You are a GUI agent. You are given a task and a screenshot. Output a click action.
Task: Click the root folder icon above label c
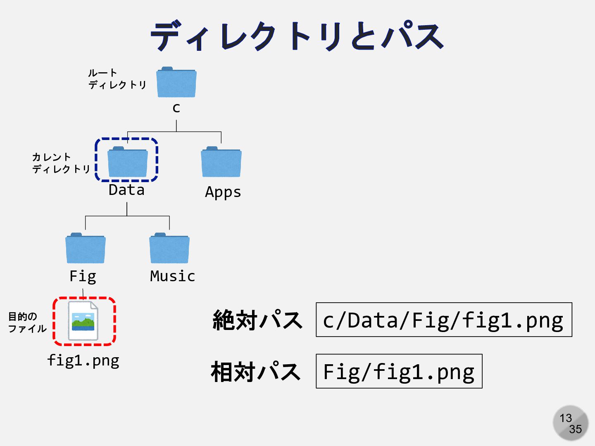176,83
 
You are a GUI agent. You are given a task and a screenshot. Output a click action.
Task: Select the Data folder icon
127,162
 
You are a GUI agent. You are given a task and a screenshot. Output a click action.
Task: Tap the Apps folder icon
221,162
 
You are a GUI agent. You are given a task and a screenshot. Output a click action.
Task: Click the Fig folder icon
86,249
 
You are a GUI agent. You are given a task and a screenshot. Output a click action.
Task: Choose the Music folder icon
169,249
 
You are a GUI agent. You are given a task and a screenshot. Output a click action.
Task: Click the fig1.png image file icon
83,321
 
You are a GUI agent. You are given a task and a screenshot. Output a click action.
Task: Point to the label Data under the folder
126,190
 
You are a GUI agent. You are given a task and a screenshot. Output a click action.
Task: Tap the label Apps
223,192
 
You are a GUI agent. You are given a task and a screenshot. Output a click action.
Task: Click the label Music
172,276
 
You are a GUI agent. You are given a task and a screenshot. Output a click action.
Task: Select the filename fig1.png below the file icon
83,361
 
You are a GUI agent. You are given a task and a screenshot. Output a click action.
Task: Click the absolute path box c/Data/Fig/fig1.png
444,320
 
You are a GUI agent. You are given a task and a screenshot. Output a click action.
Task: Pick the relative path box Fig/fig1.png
399,371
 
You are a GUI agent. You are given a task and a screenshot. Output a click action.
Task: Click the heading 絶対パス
257,320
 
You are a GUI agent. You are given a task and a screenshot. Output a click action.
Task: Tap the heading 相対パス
255,371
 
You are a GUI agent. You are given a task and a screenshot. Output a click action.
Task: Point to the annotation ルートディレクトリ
117,79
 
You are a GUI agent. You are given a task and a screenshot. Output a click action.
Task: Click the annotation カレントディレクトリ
61,163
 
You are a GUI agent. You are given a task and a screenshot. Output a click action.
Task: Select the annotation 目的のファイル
27,323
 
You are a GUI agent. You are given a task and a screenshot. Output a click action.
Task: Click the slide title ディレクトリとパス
297,36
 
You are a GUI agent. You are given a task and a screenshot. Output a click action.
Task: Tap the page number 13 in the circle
566,418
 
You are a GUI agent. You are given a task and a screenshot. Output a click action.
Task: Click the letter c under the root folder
176,108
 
